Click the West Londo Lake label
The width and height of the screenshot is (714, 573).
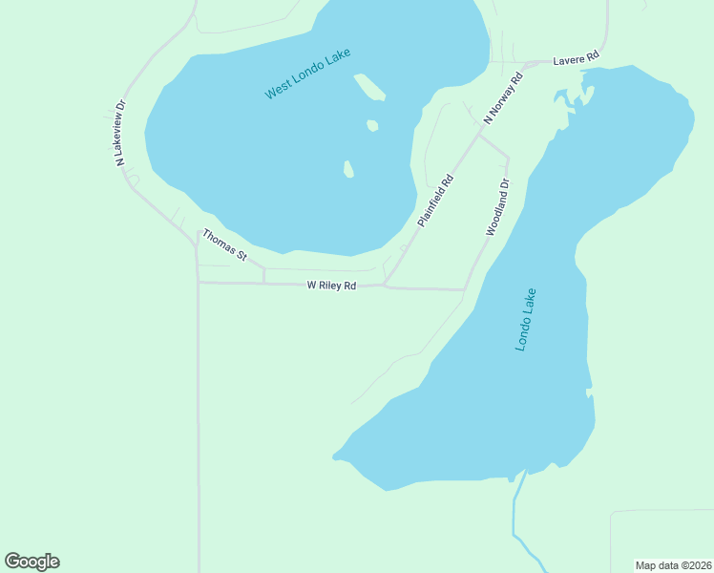click(x=308, y=76)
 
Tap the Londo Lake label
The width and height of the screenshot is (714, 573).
click(x=526, y=320)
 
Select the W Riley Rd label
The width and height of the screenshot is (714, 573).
click(x=331, y=286)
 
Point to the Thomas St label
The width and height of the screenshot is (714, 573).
click(x=224, y=245)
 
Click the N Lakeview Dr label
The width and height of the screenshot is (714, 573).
click(x=120, y=133)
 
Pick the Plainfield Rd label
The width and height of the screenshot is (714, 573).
click(x=435, y=201)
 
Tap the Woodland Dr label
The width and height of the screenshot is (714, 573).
click(x=498, y=207)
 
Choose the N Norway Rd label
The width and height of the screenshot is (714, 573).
click(x=503, y=98)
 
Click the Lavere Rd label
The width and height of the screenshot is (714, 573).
click(x=575, y=59)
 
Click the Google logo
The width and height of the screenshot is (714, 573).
click(x=31, y=562)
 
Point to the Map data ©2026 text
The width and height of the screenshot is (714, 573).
click(x=673, y=565)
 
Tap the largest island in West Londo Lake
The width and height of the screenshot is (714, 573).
click(x=369, y=88)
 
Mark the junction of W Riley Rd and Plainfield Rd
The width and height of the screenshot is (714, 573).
click(x=385, y=285)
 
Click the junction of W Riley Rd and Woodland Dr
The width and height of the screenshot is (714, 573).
click(x=465, y=288)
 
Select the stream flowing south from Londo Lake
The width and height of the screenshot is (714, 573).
click(x=515, y=516)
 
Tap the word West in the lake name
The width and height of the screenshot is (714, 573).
click(x=278, y=90)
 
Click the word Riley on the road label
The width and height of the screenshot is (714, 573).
click(x=330, y=286)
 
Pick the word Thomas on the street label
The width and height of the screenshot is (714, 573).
click(x=218, y=242)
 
